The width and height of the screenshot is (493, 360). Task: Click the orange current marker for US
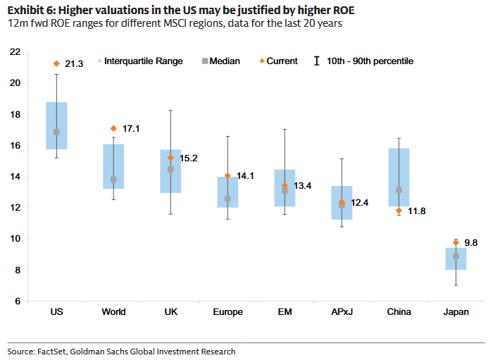[x=56, y=63]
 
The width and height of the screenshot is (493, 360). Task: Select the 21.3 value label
[x=74, y=64]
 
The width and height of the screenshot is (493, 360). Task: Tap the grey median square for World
[x=113, y=180]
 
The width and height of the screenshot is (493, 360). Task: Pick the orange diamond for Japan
[x=456, y=242]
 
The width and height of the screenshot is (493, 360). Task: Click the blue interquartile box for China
[x=399, y=177]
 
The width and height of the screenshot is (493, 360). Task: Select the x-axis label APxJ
[x=342, y=312]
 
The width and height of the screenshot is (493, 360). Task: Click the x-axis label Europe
[x=227, y=312]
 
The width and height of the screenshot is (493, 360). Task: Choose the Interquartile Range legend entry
[x=143, y=61]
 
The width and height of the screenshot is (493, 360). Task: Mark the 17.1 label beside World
[x=132, y=129]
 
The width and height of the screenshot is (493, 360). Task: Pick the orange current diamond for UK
[x=170, y=158]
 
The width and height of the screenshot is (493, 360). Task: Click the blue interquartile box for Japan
[x=456, y=259]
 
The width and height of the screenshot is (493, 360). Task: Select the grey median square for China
[x=399, y=190]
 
